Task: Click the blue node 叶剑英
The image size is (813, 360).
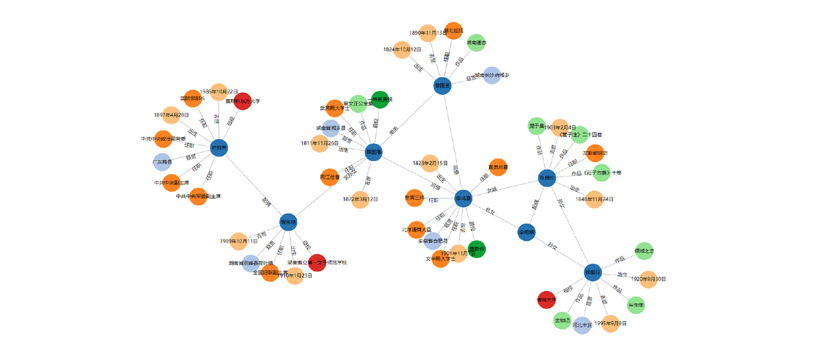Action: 219,147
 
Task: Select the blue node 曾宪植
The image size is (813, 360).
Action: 288,222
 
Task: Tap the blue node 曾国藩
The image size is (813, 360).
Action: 374,152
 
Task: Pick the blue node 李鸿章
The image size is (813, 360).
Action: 463,198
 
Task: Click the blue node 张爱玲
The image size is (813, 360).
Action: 593,272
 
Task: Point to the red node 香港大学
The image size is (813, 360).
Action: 547,300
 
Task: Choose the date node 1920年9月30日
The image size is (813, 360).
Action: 648,279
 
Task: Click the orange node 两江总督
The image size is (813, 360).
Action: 330,177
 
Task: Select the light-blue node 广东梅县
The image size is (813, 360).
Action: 162,162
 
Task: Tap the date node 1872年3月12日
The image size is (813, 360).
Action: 360,199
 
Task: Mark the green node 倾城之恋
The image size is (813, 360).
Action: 644,251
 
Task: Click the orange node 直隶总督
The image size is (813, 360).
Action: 498,167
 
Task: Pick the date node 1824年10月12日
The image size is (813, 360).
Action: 402,50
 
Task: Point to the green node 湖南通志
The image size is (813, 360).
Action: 476,42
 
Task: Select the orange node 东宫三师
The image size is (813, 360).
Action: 415,197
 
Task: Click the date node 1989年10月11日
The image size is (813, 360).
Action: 239,241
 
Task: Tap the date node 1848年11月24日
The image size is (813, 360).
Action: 594,199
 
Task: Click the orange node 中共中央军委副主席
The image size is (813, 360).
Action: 198,196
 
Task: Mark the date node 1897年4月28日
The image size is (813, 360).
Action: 171,115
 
